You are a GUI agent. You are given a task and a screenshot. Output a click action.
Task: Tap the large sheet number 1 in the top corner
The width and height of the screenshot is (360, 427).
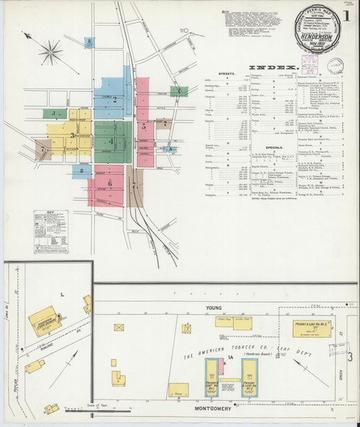point(346,15)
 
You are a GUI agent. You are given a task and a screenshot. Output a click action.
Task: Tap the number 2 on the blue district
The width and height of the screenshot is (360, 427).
point(115,99)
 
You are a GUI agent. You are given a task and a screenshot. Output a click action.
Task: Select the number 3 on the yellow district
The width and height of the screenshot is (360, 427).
point(72,135)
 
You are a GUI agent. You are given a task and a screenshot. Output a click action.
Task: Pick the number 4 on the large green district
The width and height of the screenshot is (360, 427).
point(111,141)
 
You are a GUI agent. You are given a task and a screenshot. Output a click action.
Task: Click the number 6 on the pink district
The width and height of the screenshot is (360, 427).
point(109,183)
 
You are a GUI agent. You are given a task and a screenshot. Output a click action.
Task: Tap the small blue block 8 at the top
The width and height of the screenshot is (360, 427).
point(89,43)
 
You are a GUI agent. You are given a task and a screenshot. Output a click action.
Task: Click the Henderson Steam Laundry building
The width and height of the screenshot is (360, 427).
point(43,321)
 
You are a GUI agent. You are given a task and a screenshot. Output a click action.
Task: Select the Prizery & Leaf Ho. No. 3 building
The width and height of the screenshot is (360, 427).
point(313,329)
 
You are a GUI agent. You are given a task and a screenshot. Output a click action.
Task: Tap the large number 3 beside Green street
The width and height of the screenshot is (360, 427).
point(351,356)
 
